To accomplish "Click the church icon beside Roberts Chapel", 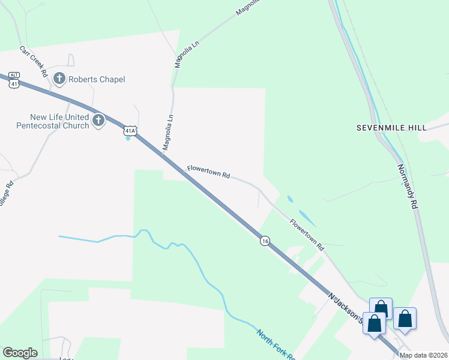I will click(x=59, y=79).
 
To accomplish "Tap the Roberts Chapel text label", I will click(x=97, y=79).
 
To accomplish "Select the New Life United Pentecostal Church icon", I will click(x=98, y=121).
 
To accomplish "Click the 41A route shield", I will click(x=130, y=130).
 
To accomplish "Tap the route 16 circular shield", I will click(x=265, y=241).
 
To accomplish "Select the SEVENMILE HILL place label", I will click(x=391, y=128).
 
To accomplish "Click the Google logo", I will click(x=20, y=353).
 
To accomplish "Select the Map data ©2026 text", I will click(x=423, y=355).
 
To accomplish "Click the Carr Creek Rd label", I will click(x=33, y=61).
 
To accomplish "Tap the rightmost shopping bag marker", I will click(x=405, y=319).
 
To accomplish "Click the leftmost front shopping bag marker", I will click(x=375, y=324).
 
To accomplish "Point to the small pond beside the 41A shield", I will click(x=128, y=139).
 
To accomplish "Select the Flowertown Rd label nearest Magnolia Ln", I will click(x=208, y=172).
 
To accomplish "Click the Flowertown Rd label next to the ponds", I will click(x=307, y=234).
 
